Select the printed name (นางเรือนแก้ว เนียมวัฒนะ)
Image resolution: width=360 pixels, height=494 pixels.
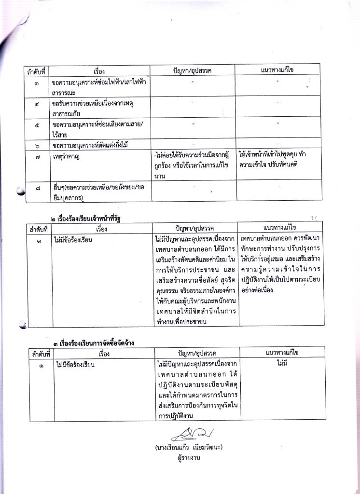tap(189, 447)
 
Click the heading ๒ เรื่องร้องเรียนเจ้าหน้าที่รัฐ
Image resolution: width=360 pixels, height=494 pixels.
tap(89, 219)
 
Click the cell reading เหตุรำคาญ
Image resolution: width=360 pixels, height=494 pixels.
tap(67, 157)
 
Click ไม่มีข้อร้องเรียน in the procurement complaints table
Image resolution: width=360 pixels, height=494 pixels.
tap(75, 364)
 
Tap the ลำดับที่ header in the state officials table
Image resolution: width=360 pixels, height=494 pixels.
tap(38, 229)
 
